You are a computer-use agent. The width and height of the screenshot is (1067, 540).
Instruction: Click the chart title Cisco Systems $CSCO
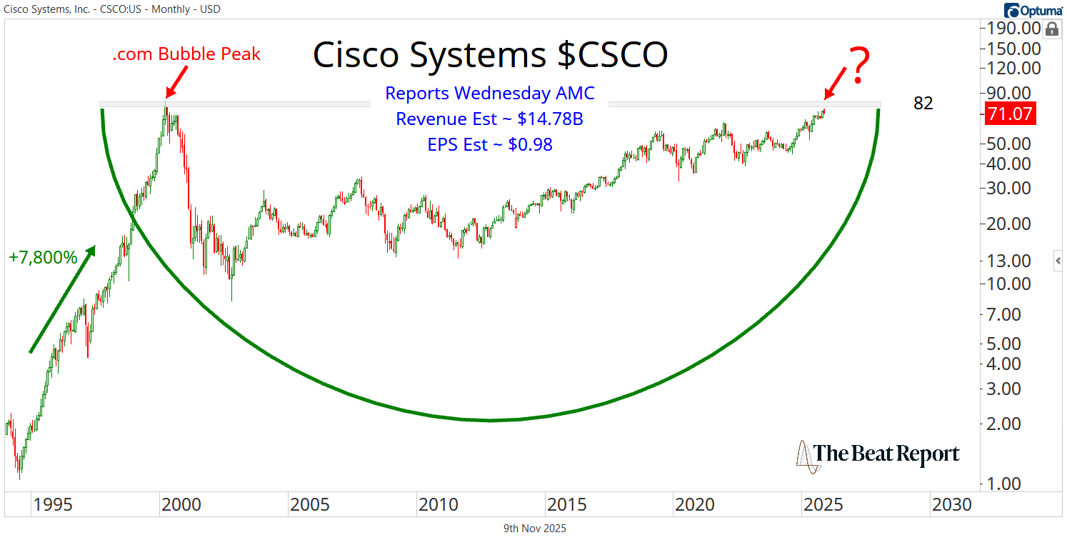pyautogui.click(x=490, y=55)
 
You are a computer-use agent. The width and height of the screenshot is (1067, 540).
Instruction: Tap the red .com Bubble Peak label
pyautogui.click(x=186, y=54)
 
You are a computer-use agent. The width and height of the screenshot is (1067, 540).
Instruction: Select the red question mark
pyautogui.click(x=858, y=66)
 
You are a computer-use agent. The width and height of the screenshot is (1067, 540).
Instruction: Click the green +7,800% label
pyautogui.click(x=44, y=258)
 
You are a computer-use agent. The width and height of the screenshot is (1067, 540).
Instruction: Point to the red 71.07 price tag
pyautogui.click(x=1010, y=114)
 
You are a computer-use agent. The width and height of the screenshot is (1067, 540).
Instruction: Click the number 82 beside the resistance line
pyautogui.click(x=923, y=104)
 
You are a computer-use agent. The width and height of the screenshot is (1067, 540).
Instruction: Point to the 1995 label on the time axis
pyautogui.click(x=52, y=504)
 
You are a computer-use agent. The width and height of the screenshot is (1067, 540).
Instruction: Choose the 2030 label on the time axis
pyautogui.click(x=951, y=504)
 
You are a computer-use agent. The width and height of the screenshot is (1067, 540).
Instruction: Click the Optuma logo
pyautogui.click(x=1033, y=11)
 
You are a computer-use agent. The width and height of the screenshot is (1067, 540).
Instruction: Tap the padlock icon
pyautogui.click(x=1051, y=29)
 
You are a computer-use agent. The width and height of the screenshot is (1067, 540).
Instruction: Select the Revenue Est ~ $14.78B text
pyautogui.click(x=489, y=119)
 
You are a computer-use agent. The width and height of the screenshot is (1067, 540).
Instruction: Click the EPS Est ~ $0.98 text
pyautogui.click(x=489, y=144)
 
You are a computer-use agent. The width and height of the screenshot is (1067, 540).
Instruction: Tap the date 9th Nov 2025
pyautogui.click(x=536, y=529)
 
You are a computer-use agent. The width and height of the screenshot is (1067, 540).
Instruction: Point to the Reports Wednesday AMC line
pyautogui.click(x=489, y=93)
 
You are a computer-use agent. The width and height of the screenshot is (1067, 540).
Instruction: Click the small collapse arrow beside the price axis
pyautogui.click(x=1058, y=261)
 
